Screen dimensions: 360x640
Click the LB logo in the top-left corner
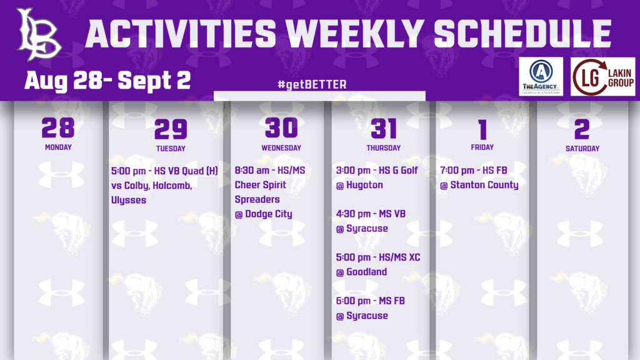tap(39, 34)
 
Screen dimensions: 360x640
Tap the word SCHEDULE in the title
tap(522, 34)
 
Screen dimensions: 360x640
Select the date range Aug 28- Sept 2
tap(107, 81)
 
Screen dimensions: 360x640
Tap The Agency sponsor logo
tap(541, 77)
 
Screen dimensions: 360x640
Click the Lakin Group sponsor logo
tap(603, 77)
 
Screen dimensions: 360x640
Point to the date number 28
tap(58, 127)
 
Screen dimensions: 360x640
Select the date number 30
tap(281, 127)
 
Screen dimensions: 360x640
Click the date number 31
tap(384, 129)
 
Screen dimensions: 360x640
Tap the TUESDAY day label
tap(171, 149)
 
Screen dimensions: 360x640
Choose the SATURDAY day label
tap(582, 149)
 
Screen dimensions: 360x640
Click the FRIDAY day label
tap(482, 147)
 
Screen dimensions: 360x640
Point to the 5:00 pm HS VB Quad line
tap(164, 170)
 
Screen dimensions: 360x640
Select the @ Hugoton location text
tap(359, 185)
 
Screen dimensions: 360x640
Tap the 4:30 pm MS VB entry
tap(371, 214)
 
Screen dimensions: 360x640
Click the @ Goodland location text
tap(361, 272)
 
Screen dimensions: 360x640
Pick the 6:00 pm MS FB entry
tap(370, 301)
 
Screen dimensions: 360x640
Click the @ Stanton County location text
tap(479, 185)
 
